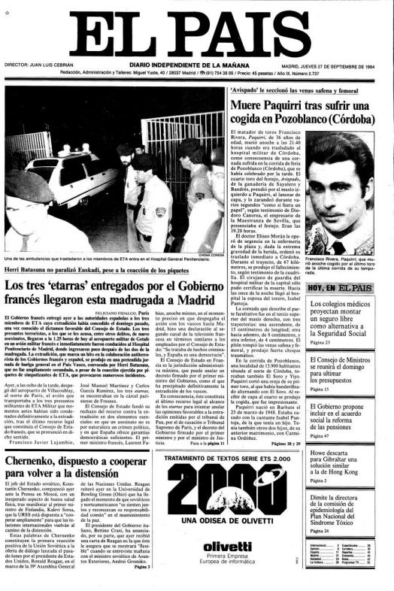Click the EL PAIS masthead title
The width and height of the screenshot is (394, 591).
pyautogui.click(x=197, y=34)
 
